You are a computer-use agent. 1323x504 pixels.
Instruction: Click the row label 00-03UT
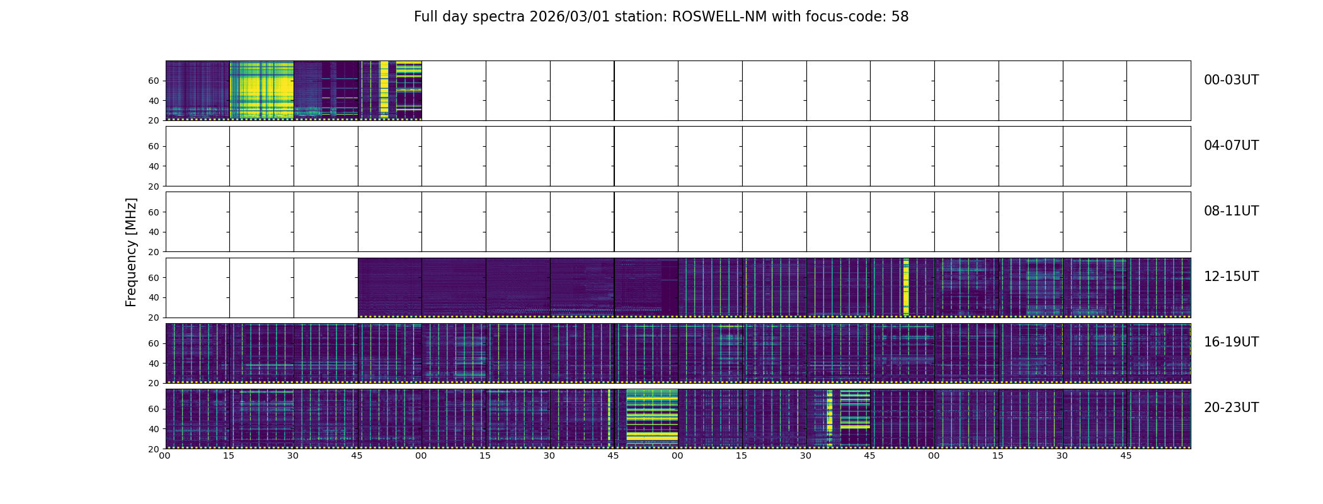tap(1230, 80)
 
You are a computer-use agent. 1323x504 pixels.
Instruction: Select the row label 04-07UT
tap(1230, 146)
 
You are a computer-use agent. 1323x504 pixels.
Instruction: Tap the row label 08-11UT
tap(1230, 211)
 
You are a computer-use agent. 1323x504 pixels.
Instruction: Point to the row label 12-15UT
tap(1230, 277)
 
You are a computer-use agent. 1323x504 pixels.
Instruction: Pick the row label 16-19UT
tap(1230, 342)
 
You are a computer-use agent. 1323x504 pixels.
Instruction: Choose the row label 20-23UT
tap(1230, 408)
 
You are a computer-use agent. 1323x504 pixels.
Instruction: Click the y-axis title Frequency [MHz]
tap(131, 252)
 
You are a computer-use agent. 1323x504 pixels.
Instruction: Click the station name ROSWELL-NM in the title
tap(719, 17)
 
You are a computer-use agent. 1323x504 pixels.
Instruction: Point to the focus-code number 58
tap(900, 17)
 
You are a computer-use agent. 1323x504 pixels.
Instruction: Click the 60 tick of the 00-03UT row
tap(154, 81)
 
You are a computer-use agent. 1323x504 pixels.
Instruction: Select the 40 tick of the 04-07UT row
tap(154, 166)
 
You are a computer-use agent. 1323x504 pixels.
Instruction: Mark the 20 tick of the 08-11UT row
tap(154, 252)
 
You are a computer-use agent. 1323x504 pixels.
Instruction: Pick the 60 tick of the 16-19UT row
tap(154, 343)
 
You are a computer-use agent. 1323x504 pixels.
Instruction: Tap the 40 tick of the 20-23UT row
tap(154, 429)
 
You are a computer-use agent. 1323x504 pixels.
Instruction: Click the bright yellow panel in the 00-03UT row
tap(261, 90)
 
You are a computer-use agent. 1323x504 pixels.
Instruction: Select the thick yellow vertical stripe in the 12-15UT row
tap(906, 287)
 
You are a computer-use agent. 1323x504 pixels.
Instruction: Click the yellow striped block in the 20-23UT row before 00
tap(652, 418)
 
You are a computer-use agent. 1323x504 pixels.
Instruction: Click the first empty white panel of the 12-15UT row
tap(197, 287)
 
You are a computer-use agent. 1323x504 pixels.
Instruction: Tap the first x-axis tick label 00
tap(165, 455)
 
